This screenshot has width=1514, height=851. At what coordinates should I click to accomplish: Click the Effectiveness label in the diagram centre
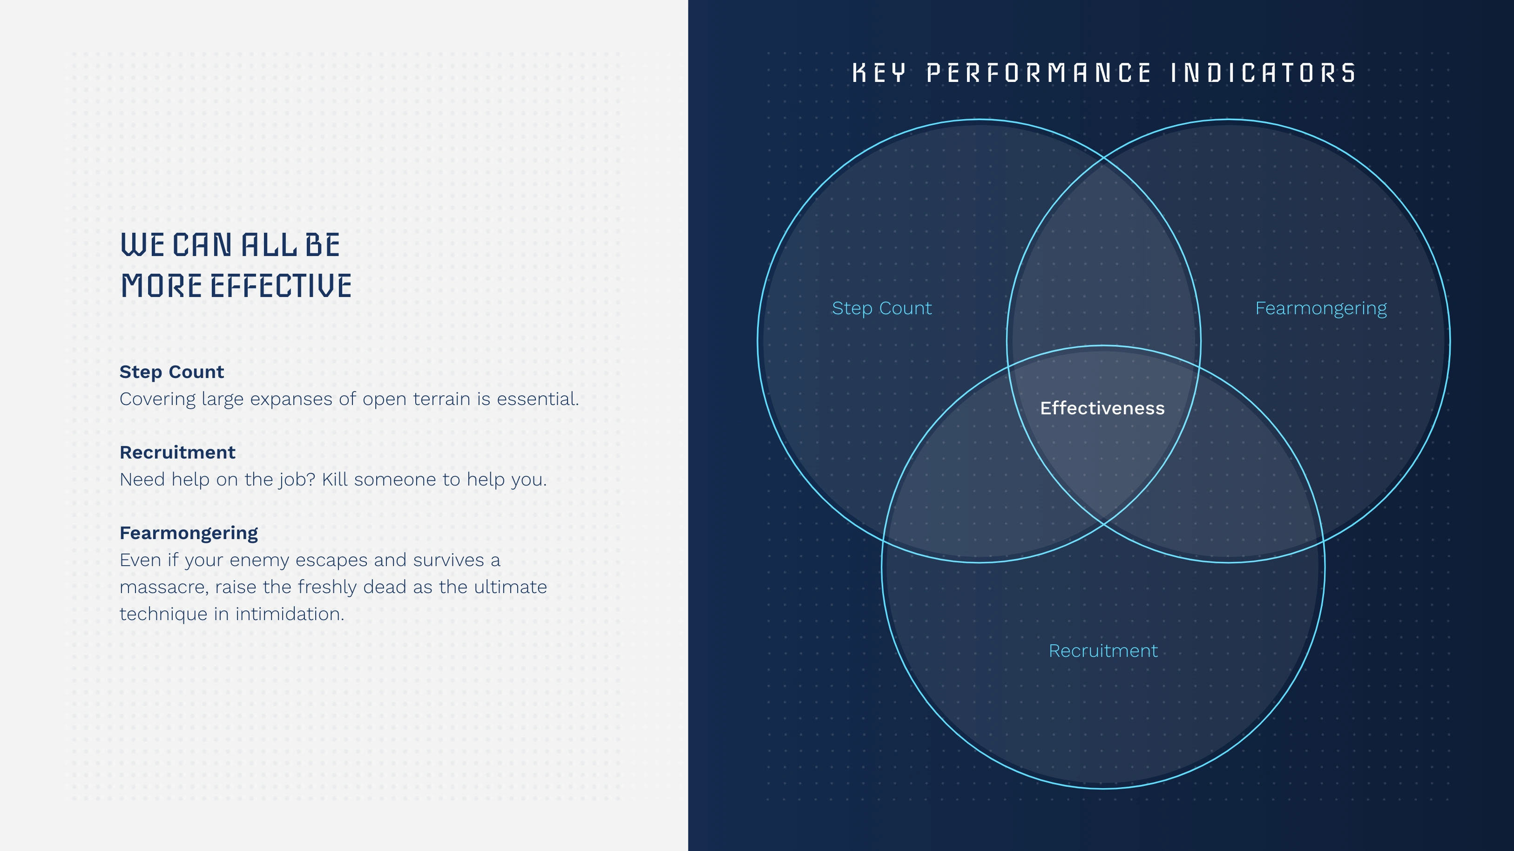1102,408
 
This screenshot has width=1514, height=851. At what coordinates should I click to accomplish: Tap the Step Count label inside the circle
882,309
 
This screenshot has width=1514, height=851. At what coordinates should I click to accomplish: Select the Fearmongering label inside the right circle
1321,309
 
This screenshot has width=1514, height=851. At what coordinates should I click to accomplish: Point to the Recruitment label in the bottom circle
1103,651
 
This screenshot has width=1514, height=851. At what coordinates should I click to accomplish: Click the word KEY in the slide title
879,74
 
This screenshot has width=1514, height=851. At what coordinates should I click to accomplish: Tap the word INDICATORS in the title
1263,74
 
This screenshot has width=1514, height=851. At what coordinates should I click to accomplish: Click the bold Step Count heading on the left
172,371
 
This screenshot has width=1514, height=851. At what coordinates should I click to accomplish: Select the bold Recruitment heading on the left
177,452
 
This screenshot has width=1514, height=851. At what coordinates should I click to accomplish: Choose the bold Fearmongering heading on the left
189,533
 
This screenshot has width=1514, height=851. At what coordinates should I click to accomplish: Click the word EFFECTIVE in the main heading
281,286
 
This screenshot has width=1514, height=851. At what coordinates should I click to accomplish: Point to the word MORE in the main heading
162,286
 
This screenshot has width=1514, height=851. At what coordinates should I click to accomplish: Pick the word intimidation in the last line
290,614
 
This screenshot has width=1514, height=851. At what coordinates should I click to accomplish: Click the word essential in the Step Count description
538,399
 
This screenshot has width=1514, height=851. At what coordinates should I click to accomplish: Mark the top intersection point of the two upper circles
1104,158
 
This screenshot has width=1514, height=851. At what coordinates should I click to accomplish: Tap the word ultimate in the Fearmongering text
510,587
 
